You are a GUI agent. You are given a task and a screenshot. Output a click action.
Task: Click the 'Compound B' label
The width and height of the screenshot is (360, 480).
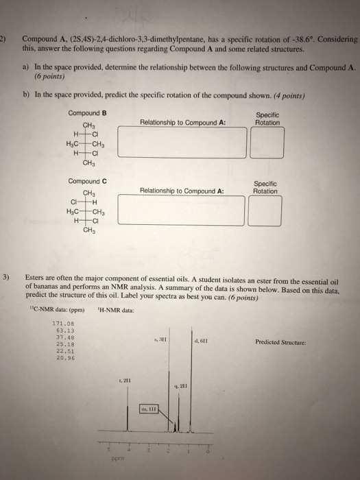click(88, 113)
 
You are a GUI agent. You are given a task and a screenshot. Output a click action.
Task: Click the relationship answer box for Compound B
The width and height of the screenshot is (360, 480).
click(181, 142)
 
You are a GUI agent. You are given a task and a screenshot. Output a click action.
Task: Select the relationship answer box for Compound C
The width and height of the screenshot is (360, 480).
click(181, 210)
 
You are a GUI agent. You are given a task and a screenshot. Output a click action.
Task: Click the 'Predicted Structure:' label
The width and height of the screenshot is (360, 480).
click(279, 341)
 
